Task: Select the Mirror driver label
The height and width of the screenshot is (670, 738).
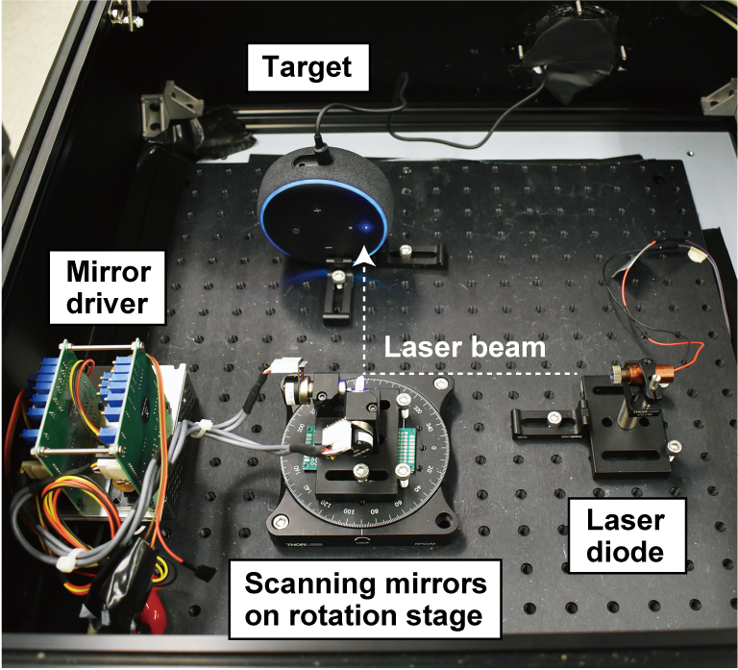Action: point(108,285)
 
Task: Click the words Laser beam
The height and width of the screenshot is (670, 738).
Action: point(452,346)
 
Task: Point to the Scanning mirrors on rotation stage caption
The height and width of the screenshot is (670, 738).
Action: point(366,601)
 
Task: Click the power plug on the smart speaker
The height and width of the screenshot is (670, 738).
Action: point(319,151)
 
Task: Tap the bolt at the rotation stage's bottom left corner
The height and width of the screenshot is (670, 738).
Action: point(280,520)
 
